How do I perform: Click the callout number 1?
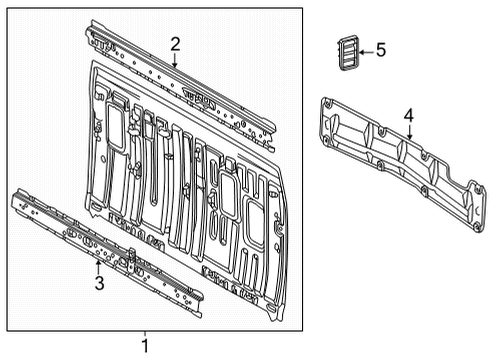coord(144,346)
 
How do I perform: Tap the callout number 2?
coord(175,43)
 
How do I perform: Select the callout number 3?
coord(98,283)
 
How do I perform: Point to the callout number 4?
coord(408,117)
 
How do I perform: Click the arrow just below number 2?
coord(175,60)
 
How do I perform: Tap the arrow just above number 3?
coord(98,266)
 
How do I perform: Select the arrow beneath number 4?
coord(408,134)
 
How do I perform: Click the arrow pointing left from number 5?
coord(364,50)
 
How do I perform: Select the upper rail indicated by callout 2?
coord(180,78)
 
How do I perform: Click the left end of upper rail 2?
coord(91,33)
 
